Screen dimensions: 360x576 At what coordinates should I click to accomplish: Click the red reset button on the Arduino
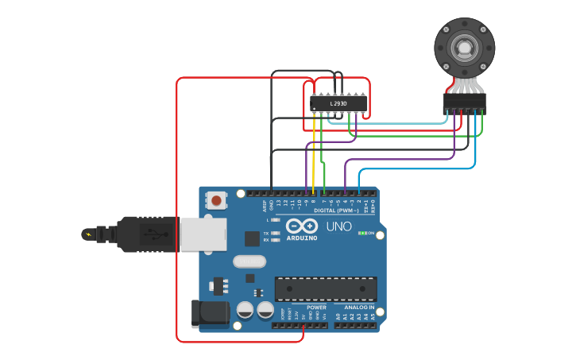(x=216, y=200)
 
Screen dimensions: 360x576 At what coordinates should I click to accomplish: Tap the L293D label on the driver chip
(x=339, y=104)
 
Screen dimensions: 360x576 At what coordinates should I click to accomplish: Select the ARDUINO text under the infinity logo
(x=302, y=238)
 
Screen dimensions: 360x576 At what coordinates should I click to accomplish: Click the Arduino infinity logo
(x=302, y=226)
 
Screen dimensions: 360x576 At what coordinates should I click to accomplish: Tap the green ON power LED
(x=363, y=233)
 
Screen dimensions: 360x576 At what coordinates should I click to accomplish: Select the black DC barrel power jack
(x=208, y=313)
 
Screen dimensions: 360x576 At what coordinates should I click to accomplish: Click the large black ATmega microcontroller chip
(x=326, y=289)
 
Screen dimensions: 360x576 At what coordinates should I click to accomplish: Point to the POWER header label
(x=316, y=308)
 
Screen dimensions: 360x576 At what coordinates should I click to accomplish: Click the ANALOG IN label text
(x=359, y=308)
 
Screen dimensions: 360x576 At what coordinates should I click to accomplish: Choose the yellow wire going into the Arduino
(x=314, y=159)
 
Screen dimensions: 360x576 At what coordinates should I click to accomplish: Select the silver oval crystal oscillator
(x=249, y=261)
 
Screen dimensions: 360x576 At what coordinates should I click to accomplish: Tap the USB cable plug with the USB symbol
(x=148, y=234)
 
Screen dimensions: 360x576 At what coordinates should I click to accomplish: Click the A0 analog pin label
(x=337, y=316)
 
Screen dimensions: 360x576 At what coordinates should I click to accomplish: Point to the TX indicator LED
(x=275, y=234)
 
